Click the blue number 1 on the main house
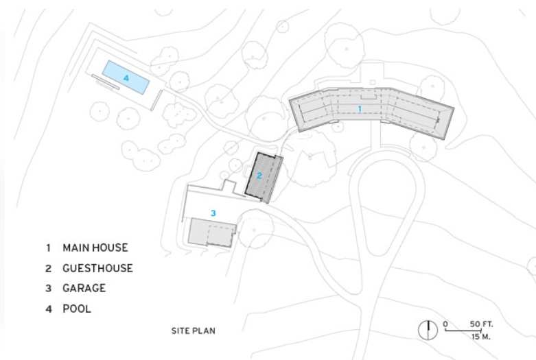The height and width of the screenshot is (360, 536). point(360,108)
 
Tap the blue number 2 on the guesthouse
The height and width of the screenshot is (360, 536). point(259,176)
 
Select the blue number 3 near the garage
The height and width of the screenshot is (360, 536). point(213,213)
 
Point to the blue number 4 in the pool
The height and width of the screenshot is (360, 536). point(126,78)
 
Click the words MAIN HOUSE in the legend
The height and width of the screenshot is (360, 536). point(95,248)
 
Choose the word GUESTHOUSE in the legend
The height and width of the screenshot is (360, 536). point(97,268)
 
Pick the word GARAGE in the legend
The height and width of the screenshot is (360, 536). point(84,288)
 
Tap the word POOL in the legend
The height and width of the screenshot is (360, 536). point(77,309)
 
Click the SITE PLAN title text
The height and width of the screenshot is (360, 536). point(194,331)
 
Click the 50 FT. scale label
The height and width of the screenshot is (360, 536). point(481,324)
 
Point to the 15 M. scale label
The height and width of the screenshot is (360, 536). point(480,337)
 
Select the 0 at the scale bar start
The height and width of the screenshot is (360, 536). point(445,324)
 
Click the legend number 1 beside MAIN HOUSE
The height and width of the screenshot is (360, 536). point(48,248)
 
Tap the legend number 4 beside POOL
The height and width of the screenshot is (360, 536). point(49,309)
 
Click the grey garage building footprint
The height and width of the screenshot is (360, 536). point(212,232)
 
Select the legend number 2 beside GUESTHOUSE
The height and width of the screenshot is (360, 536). point(49,269)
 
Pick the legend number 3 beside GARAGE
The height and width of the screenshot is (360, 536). point(49,288)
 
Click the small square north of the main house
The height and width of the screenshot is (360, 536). point(373,82)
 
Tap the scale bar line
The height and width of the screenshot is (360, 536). point(463,331)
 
